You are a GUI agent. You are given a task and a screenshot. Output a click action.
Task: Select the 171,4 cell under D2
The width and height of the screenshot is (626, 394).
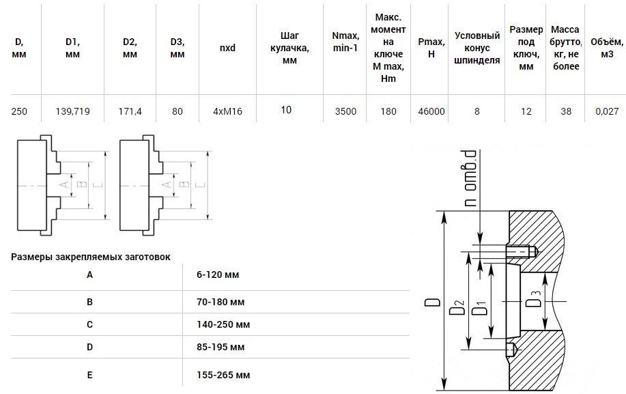point(130,111)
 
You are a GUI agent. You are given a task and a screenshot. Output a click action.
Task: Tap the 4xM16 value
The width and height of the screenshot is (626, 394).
point(228,111)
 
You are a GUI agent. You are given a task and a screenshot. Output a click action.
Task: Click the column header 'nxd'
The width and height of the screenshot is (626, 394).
point(227,48)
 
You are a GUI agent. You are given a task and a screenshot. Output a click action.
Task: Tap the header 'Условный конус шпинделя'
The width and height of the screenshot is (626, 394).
point(477,48)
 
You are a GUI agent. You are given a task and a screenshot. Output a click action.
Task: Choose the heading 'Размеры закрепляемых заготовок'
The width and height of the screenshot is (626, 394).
point(91,257)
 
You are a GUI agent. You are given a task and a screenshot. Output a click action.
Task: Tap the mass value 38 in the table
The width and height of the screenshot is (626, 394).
point(565,111)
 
